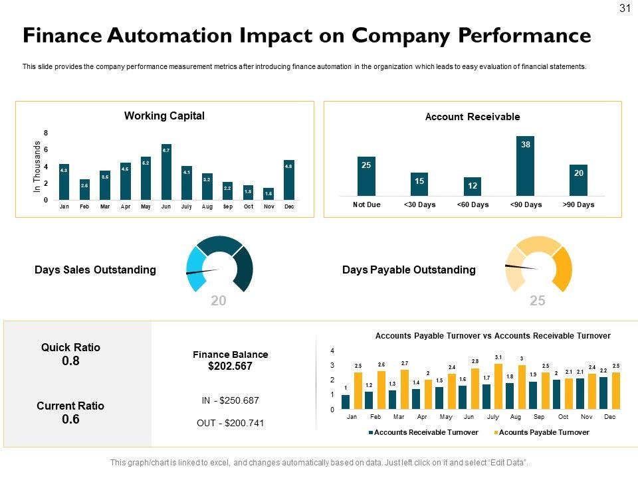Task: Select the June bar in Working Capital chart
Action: pyautogui.click(x=166, y=172)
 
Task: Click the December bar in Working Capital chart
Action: pyautogui.click(x=289, y=180)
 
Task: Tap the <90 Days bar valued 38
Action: pyautogui.click(x=526, y=165)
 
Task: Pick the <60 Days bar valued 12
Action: pyautogui.click(x=473, y=187)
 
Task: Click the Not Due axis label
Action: pyautogui.click(x=366, y=204)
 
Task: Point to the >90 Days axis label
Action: pyautogui.click(x=578, y=204)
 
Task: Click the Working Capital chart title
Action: pyautogui.click(x=164, y=116)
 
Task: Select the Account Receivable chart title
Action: pyautogui.click(x=473, y=117)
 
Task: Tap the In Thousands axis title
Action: pyautogui.click(x=38, y=167)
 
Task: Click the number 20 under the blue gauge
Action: pyautogui.click(x=219, y=301)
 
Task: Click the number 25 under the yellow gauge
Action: pyautogui.click(x=538, y=301)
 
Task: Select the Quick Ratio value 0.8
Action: pyautogui.click(x=70, y=361)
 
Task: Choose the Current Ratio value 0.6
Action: pyautogui.click(x=70, y=420)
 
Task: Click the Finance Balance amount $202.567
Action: pyautogui.click(x=231, y=366)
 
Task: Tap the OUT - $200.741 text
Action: pyautogui.click(x=231, y=423)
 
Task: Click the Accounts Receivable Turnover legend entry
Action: pyautogui.click(x=423, y=432)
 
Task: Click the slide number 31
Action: pyautogui.click(x=624, y=8)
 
